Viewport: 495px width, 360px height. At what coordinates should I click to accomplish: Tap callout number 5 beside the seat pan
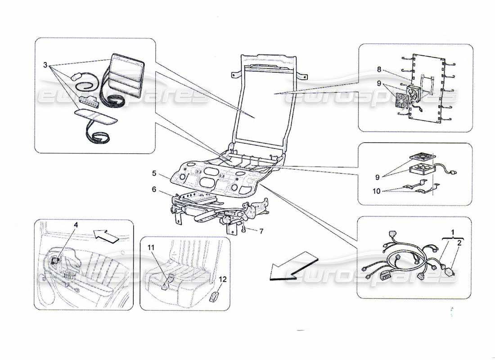[153, 172]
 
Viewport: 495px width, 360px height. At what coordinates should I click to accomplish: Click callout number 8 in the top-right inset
[379, 70]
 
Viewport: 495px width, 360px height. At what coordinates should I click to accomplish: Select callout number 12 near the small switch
[223, 279]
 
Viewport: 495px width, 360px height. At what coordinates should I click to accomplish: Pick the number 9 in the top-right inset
[379, 83]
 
